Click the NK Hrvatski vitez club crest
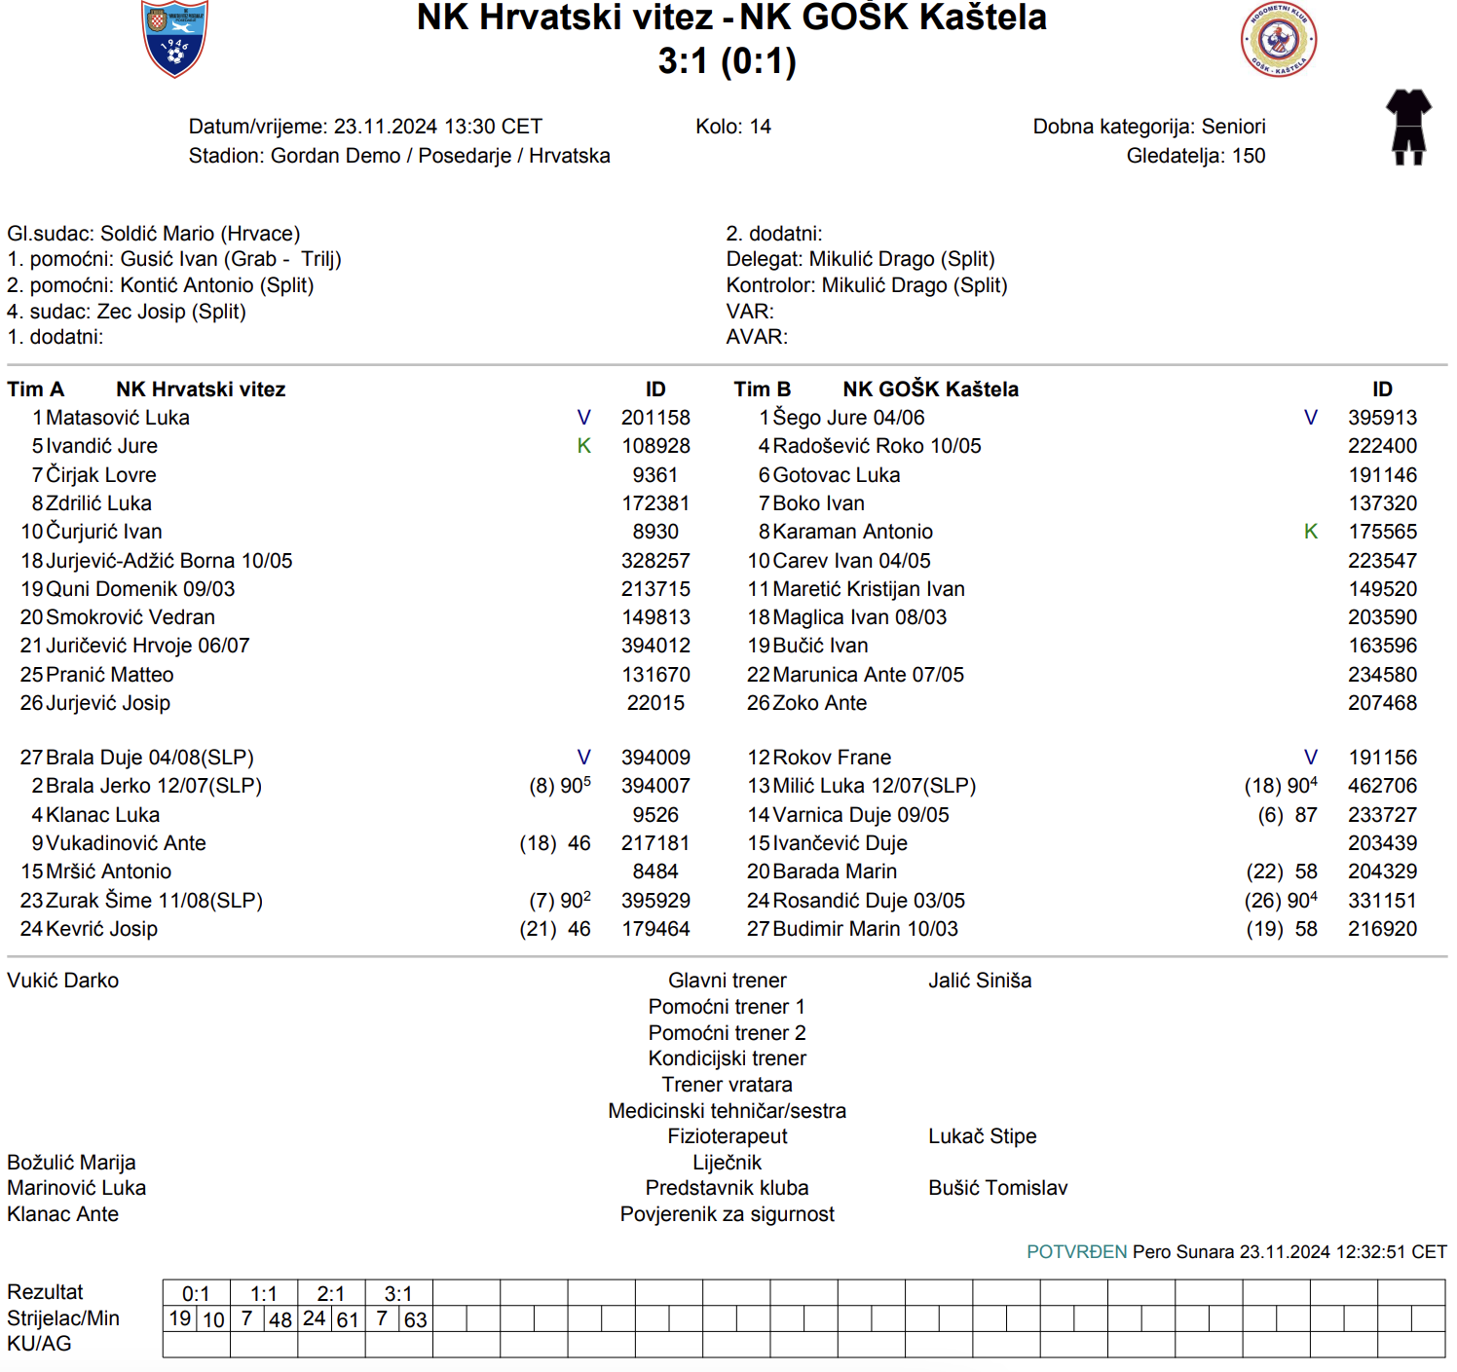(x=175, y=39)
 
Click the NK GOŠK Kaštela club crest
(x=1279, y=41)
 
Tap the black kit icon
(x=1408, y=127)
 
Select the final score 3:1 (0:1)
(x=728, y=61)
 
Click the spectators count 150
(x=1249, y=156)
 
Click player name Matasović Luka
(x=118, y=418)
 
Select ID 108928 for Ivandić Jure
(x=655, y=446)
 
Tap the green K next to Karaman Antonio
(x=1311, y=532)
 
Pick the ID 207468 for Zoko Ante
(x=1382, y=703)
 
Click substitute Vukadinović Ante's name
(x=126, y=843)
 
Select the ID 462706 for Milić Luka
(x=1382, y=786)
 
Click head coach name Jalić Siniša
(x=980, y=981)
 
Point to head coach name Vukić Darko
(x=63, y=981)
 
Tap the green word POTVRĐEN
(x=1076, y=1252)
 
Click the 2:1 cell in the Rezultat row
(x=331, y=1294)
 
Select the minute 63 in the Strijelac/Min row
(x=416, y=1320)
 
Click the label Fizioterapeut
(x=728, y=1136)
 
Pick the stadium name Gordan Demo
(x=336, y=156)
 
